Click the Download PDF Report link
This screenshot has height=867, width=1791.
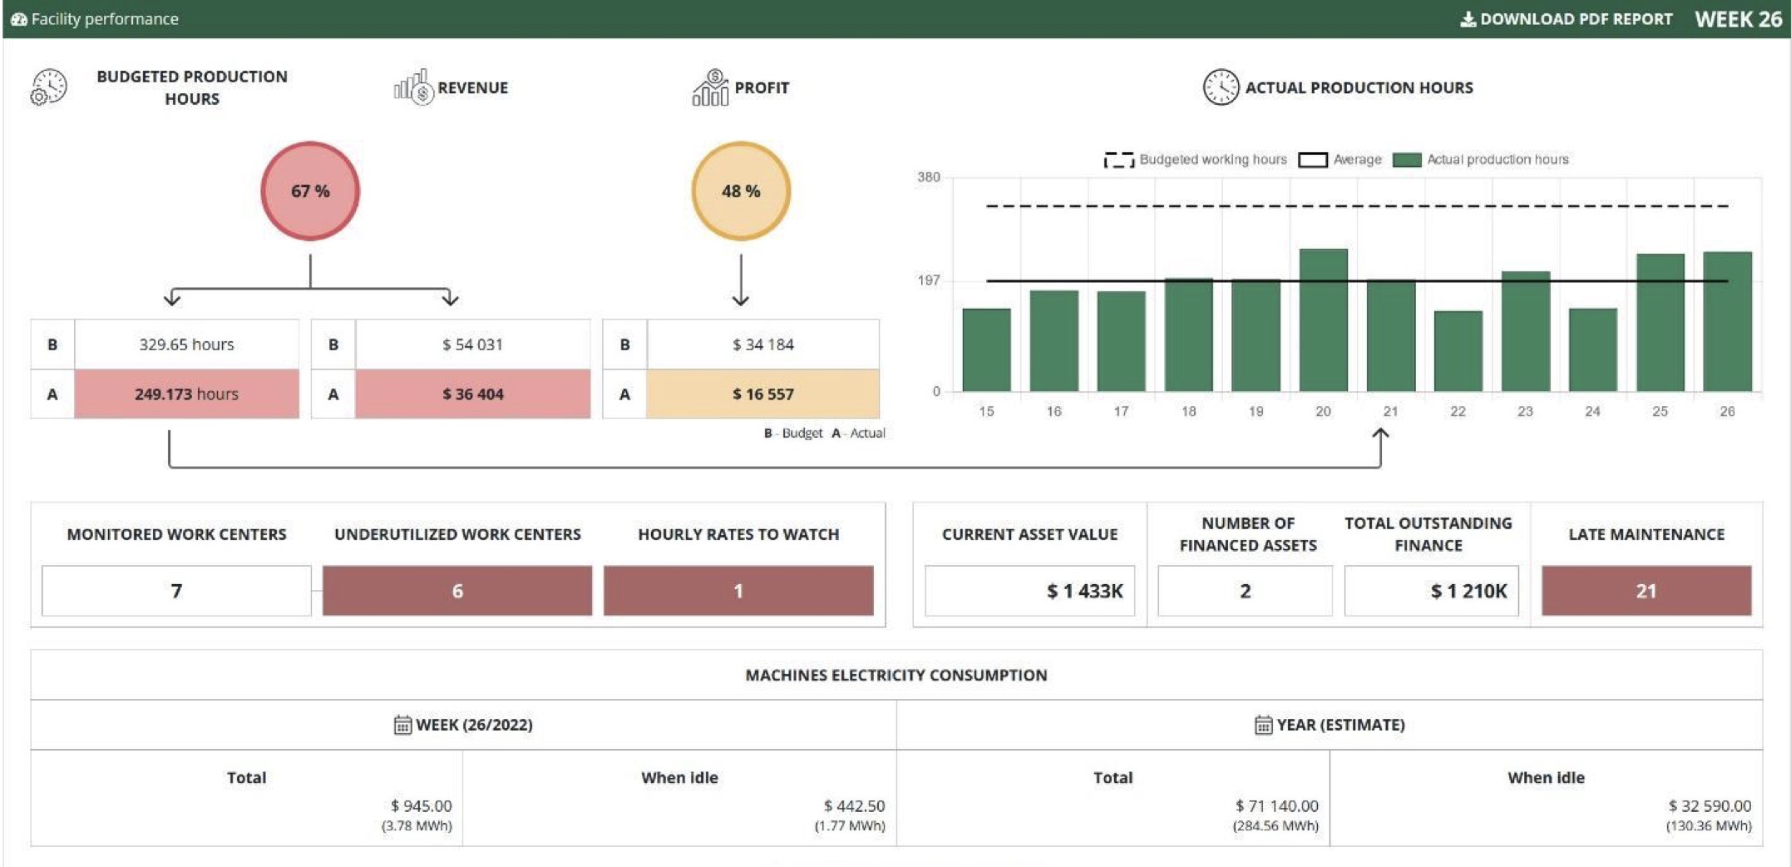[1567, 19]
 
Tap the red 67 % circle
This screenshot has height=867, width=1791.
[310, 191]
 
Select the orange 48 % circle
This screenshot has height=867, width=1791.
[740, 191]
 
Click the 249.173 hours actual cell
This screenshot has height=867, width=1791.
[186, 394]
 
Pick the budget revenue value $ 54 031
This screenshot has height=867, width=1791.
[472, 344]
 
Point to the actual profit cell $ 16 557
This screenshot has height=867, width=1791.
[762, 394]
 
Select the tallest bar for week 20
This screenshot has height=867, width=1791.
[1323, 320]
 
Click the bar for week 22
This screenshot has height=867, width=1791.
[1458, 351]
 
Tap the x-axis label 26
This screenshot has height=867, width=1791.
[1727, 411]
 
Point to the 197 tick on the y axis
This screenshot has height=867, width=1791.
[929, 280]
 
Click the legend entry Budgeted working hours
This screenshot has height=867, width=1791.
[1196, 160]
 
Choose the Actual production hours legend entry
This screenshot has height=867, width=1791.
[1482, 160]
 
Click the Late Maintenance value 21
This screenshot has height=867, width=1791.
[1645, 591]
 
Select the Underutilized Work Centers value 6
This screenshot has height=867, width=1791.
[456, 591]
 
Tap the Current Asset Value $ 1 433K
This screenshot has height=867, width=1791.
[1083, 591]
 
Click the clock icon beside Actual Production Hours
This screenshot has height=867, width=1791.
[1220, 87]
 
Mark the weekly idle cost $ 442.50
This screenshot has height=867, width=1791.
[854, 805]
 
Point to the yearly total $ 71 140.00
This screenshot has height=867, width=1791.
[1276, 805]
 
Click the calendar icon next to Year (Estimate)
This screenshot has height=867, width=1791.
[1263, 725]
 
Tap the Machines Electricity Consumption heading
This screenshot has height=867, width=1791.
[895, 675]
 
